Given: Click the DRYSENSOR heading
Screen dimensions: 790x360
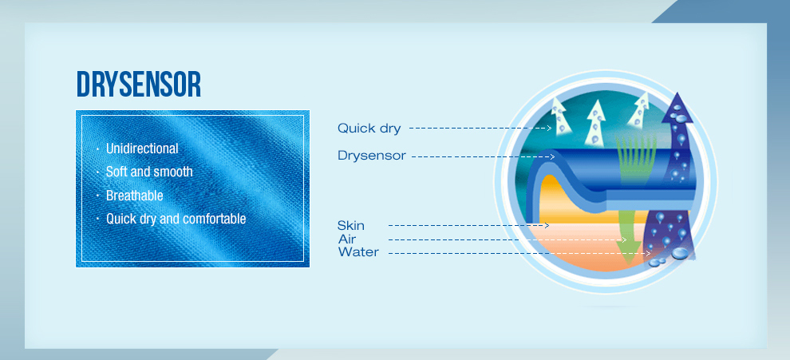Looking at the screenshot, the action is [139, 84].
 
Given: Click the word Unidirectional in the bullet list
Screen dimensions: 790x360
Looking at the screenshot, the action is [142, 148].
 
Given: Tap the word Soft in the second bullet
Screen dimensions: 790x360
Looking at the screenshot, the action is [117, 172].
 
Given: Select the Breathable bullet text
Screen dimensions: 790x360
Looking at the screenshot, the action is [135, 196].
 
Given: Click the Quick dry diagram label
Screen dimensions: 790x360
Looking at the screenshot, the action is [369, 129].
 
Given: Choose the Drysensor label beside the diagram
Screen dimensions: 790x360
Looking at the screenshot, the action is [371, 156].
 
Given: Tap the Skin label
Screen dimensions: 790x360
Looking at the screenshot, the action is [351, 225].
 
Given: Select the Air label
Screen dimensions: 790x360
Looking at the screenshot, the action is [347, 239].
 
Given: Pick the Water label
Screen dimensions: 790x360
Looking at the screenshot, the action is [358, 252].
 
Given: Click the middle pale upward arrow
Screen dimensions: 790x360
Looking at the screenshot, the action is [595, 122].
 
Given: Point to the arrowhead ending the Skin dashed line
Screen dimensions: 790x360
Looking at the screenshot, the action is [547, 225].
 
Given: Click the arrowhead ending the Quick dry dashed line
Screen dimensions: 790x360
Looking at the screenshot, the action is [550, 128].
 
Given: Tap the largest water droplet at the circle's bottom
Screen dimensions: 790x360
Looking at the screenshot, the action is [680, 252].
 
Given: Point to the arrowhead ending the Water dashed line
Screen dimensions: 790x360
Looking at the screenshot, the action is [649, 252].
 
